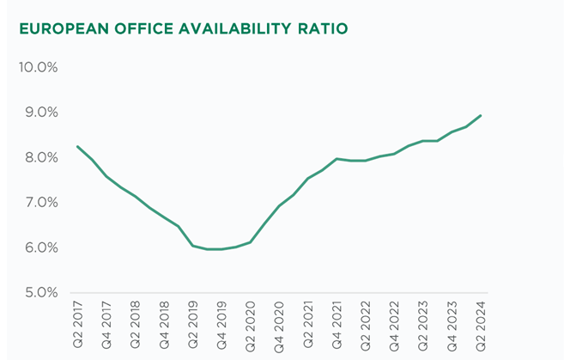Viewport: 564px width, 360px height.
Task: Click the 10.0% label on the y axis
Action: tap(37, 68)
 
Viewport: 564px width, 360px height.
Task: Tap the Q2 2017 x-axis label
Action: tap(78, 324)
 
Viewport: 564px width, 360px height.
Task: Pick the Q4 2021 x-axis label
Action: tap(337, 324)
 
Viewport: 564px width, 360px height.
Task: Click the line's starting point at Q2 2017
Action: tap(78, 147)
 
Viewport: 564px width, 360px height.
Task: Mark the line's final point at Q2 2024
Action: tap(481, 116)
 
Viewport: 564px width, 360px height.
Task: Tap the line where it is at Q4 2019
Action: tap(221, 249)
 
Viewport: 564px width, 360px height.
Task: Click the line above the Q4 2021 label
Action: tap(337, 159)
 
